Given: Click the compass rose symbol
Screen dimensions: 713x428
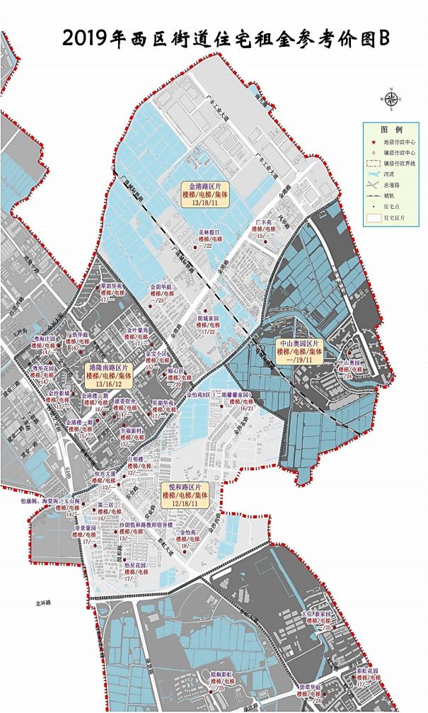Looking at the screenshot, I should (391, 99).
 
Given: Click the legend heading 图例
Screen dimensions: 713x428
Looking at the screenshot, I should (391, 130).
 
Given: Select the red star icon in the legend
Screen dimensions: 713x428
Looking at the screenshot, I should (374, 142).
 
